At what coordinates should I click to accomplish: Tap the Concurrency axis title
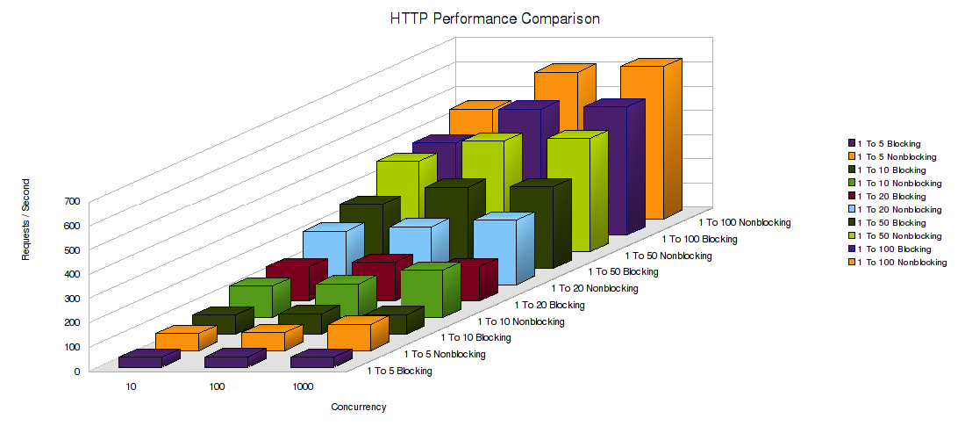(x=358, y=407)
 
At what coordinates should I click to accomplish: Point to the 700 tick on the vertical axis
(x=71, y=200)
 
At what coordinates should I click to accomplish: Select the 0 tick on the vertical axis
(x=75, y=371)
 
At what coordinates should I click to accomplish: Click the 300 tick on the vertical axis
(x=71, y=298)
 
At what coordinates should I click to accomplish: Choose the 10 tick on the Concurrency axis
(x=131, y=386)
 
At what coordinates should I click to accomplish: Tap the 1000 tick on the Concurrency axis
(x=303, y=386)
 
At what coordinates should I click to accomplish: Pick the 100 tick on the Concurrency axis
(x=217, y=386)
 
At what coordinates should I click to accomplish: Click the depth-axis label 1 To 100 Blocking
(x=698, y=239)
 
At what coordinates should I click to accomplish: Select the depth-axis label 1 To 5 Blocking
(x=399, y=371)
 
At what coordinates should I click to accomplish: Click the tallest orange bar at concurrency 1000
(x=642, y=141)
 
